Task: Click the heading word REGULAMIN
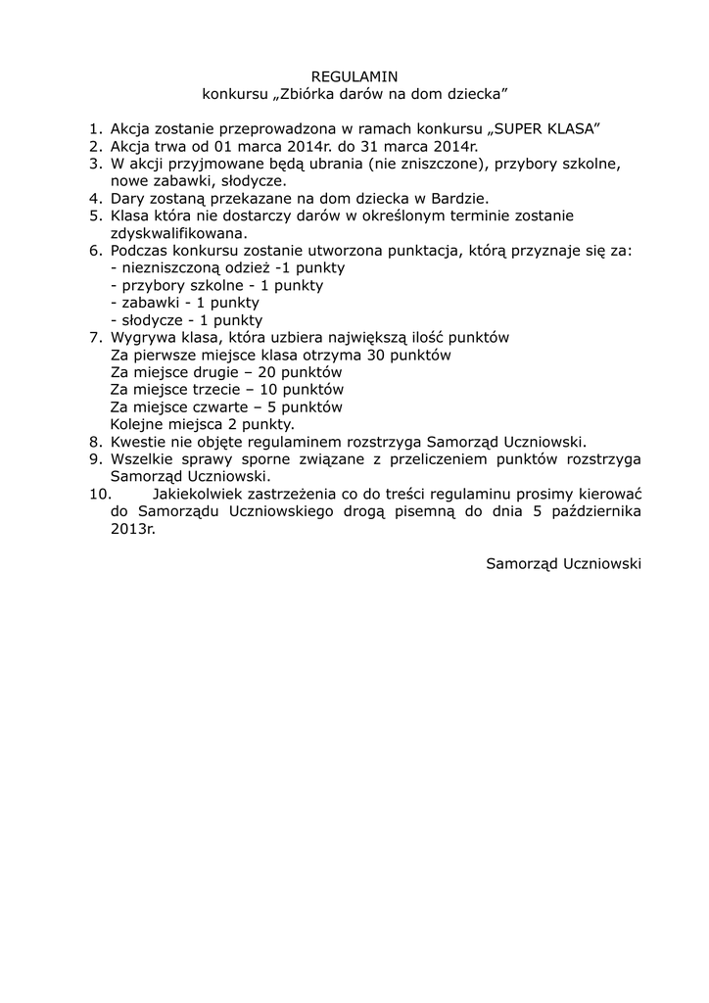(x=354, y=76)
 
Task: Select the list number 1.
(x=94, y=129)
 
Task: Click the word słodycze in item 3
(x=256, y=180)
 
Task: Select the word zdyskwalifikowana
(x=176, y=233)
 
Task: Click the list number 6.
(x=94, y=250)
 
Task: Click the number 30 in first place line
(x=375, y=355)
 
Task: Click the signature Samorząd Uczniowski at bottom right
(x=563, y=564)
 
